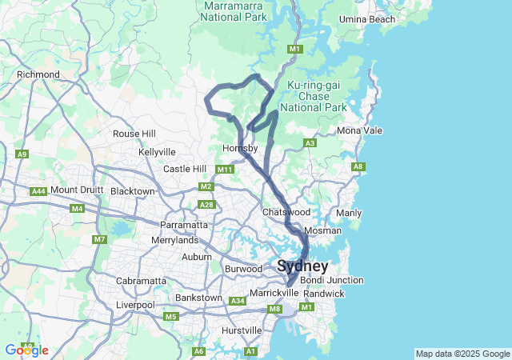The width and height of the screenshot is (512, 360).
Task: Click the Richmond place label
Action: coord(38,74)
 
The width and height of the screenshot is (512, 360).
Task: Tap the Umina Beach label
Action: coord(367,18)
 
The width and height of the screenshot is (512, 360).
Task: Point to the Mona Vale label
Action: coord(360,130)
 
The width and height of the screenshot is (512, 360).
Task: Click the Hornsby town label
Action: coord(240,148)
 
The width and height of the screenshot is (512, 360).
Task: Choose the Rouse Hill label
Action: coord(134,134)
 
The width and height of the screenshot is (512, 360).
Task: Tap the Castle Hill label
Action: coord(185,169)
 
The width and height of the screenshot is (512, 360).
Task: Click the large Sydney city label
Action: coord(302,266)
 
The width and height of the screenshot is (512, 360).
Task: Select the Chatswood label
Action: coord(286,212)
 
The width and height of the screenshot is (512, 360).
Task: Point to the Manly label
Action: coord(349,214)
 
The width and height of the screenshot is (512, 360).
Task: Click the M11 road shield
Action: coord(224,170)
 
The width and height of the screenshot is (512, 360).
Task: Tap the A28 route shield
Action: coord(207,205)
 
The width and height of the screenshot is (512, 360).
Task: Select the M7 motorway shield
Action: coord(99,239)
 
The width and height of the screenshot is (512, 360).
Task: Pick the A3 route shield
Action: coord(310,143)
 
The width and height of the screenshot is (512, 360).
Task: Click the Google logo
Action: coord(26,350)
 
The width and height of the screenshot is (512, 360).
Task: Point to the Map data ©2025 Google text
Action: coord(462,354)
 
